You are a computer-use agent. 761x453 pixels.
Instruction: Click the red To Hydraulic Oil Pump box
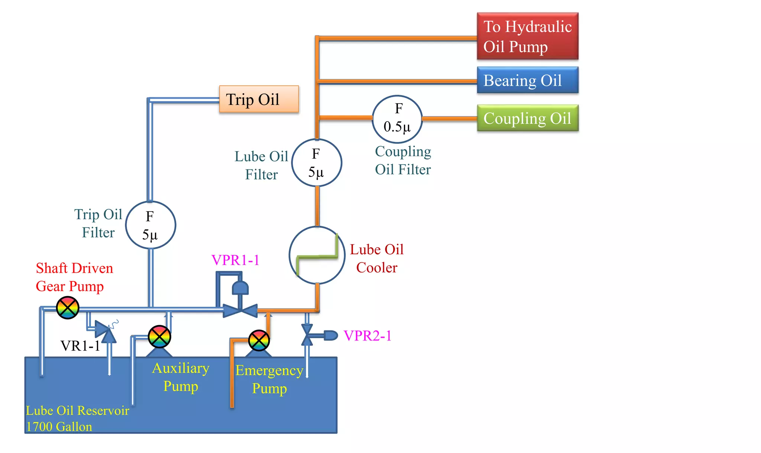pos(527,36)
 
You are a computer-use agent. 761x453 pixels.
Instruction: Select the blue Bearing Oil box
pos(527,80)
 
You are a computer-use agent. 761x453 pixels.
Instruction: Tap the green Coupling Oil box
pos(527,118)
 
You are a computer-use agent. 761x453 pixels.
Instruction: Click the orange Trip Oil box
pos(259,99)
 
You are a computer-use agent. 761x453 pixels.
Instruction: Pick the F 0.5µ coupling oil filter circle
pos(397,119)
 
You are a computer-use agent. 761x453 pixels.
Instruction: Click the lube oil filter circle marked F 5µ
pos(317,163)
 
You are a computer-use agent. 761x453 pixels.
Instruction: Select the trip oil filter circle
pos(150,225)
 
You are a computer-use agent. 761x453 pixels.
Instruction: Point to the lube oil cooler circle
pos(317,255)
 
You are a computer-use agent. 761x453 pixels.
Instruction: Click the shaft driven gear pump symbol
pos(68,308)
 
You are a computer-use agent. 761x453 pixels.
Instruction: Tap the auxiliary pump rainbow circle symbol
pos(159,337)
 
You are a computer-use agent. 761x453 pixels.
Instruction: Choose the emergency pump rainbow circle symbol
pos(259,340)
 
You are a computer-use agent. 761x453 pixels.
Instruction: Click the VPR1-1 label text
pos(235,260)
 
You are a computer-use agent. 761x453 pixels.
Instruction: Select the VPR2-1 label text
pos(367,336)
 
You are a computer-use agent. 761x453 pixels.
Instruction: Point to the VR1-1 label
pos(80,346)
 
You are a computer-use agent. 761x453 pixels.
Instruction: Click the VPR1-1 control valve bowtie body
pos(240,311)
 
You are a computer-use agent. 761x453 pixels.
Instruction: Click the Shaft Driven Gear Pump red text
pos(74,277)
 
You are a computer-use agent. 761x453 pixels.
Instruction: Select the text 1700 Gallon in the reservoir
pos(59,427)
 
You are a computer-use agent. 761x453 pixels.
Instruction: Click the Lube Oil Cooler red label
pos(376,259)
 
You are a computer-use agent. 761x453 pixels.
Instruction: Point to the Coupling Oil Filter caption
pos(403,161)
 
